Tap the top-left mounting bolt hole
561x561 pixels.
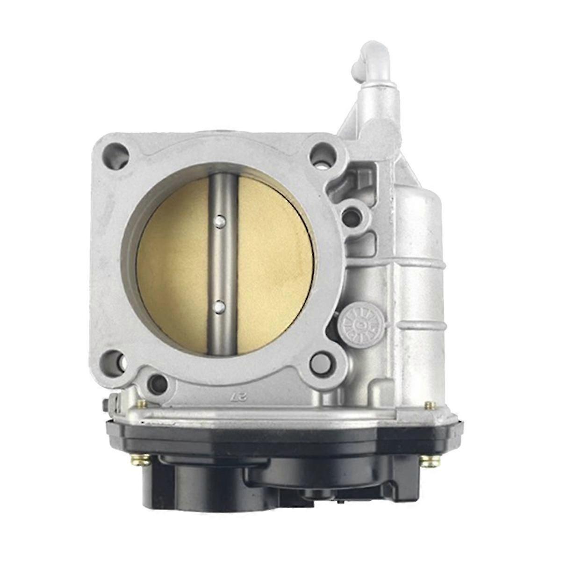[116, 151]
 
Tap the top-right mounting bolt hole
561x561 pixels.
[324, 151]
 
